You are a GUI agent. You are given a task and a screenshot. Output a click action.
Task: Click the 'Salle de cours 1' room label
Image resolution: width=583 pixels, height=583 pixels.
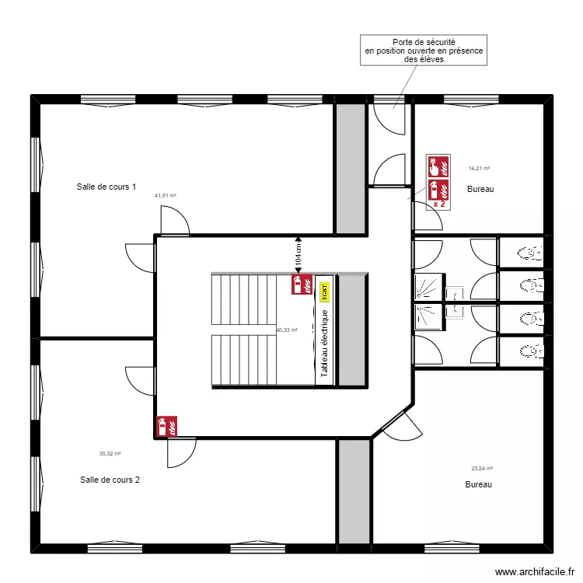(x=106, y=187)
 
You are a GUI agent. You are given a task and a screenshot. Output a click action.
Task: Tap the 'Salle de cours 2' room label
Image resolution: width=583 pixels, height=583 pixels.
(x=110, y=480)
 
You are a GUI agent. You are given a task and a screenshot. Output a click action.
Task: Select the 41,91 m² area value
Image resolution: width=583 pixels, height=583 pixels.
(x=166, y=196)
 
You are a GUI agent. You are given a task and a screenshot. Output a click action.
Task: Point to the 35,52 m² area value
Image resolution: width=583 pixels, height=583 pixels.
(x=110, y=454)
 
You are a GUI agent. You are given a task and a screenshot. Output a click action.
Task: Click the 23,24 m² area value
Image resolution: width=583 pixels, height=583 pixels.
(x=482, y=468)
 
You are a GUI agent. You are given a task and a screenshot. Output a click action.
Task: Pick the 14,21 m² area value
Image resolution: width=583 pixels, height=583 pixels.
(x=479, y=168)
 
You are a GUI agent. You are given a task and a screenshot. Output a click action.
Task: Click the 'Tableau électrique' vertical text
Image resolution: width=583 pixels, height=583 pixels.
(x=325, y=344)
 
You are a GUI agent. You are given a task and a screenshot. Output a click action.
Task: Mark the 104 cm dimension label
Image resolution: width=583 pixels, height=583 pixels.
(x=297, y=253)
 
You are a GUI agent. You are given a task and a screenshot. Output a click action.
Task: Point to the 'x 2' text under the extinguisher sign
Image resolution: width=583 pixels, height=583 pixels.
(x=438, y=204)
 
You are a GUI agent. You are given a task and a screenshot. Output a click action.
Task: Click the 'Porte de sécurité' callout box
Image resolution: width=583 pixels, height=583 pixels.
(x=424, y=51)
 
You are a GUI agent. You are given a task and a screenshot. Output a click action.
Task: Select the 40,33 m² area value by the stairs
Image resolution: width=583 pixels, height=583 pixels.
(x=287, y=330)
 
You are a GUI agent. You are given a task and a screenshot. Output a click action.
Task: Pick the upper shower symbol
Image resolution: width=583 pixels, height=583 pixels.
(x=428, y=288)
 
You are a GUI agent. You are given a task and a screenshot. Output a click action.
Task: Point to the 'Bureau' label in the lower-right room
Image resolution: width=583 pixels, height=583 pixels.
(x=479, y=484)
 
